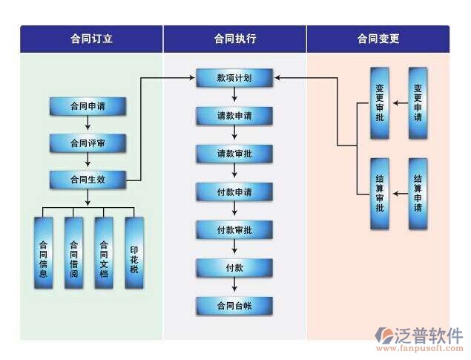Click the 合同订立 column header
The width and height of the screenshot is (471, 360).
click(90, 39)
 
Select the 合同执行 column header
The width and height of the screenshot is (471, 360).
click(234, 39)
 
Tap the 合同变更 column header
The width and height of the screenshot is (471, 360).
click(378, 39)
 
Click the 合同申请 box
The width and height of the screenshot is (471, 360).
click(88, 106)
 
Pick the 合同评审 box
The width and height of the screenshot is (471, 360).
click(88, 143)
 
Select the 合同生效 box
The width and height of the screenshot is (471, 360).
click(88, 179)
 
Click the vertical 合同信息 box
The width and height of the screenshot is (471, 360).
click(44, 253)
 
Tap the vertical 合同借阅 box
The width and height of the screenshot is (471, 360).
click(73, 253)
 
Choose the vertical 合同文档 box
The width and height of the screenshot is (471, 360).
click(104, 253)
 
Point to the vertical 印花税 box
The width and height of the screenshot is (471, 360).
click(134, 253)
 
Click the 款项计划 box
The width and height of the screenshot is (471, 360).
click(234, 77)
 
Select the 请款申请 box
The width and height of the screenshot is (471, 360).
click(234, 116)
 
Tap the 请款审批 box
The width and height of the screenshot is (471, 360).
click(234, 154)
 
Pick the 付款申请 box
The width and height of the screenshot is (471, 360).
click(234, 192)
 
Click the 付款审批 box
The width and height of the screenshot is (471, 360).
click(234, 230)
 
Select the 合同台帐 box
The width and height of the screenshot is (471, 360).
click(234, 306)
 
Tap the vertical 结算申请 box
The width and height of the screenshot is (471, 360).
click(418, 194)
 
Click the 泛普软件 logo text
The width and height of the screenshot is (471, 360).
click(434, 335)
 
